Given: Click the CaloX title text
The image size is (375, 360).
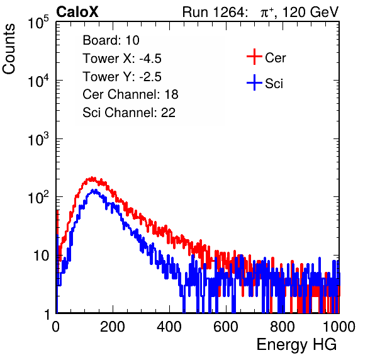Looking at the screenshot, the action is (77, 12).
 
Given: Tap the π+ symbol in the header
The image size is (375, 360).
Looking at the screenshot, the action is (267, 13).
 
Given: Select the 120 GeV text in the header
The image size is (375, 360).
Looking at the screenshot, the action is (310, 12).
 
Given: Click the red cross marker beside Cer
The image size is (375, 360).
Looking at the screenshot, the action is (254, 57).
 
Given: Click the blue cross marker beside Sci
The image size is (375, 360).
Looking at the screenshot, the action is (254, 82).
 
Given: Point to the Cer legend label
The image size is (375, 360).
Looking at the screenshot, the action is (275, 58).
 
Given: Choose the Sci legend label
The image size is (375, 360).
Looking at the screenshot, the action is (274, 84).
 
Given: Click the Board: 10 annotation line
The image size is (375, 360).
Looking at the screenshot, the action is (111, 40).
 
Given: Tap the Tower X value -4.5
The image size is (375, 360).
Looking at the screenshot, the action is (150, 59).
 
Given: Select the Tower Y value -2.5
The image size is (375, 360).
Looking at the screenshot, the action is (150, 77).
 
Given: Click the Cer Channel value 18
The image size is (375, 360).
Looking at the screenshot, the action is (171, 94).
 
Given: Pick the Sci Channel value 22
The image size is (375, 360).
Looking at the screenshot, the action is (168, 113).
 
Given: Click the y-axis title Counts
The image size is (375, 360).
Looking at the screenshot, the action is (9, 49).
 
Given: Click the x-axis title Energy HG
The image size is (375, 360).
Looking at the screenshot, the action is (296, 345).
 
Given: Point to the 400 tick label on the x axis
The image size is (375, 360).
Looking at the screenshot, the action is (169, 327).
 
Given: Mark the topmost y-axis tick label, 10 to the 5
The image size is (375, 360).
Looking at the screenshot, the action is (38, 22).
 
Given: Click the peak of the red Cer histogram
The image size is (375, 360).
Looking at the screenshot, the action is (92, 178).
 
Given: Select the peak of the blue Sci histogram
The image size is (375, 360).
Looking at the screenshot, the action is (95, 191).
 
